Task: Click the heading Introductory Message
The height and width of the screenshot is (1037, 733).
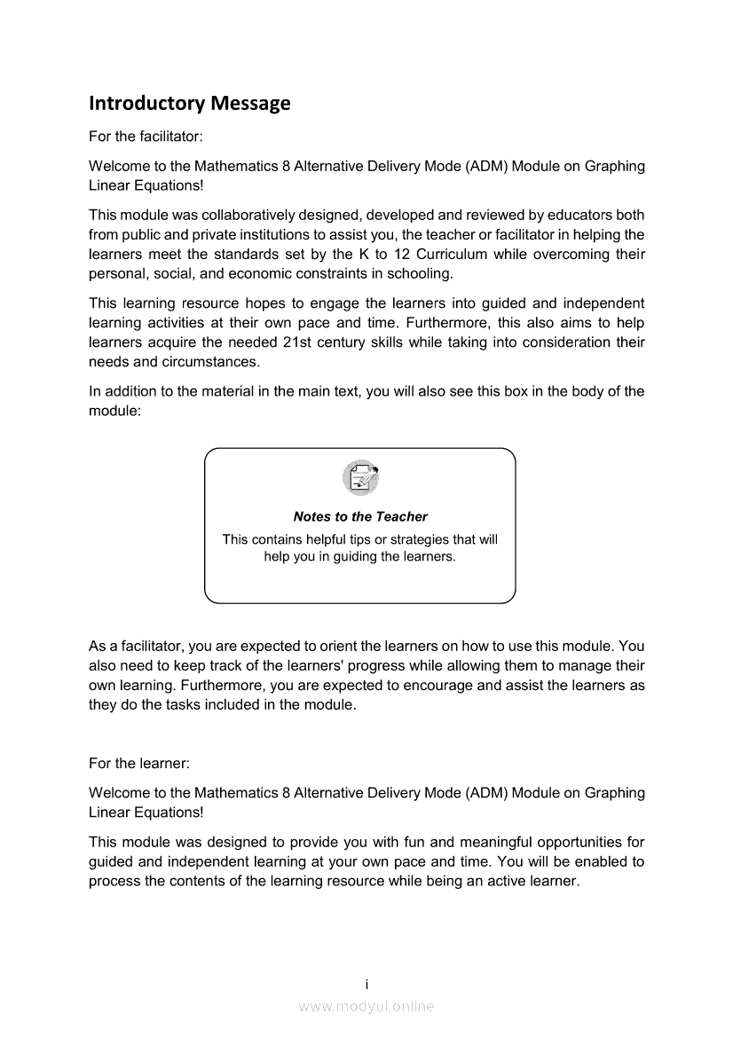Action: pos(190,104)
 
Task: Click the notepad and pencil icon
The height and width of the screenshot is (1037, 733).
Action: pos(360,478)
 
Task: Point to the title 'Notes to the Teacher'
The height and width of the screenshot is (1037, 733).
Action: pos(360,516)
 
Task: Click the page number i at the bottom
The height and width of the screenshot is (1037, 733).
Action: pos(366,984)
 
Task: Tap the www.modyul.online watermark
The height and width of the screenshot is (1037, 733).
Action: pos(366,1006)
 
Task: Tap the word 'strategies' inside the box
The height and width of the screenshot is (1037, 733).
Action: pos(420,539)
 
